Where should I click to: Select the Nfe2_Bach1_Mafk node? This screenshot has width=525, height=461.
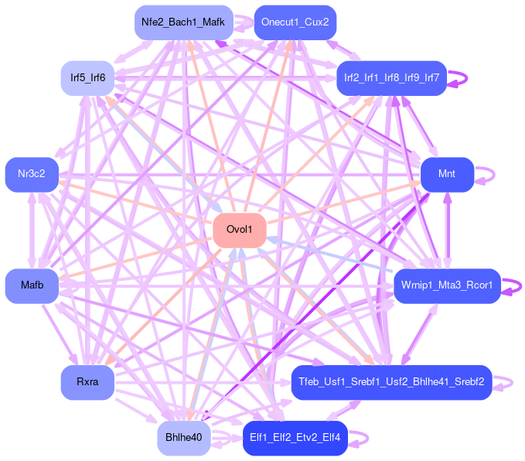tap(182, 22)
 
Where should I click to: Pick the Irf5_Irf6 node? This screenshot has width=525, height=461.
tap(87, 78)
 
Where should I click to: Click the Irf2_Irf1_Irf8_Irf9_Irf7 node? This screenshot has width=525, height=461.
tap(391, 78)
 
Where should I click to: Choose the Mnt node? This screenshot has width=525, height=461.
tap(447, 175)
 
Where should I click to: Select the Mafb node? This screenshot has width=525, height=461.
tap(32, 286)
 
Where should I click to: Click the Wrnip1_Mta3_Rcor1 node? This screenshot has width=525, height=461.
tap(448, 286)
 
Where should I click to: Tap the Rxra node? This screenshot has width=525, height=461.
tap(87, 383)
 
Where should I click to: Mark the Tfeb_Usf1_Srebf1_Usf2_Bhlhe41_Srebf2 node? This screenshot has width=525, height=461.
tap(391, 382)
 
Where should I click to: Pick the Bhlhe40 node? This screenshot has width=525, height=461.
tap(183, 439)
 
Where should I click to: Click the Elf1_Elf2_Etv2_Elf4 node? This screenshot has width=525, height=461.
tap(295, 439)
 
